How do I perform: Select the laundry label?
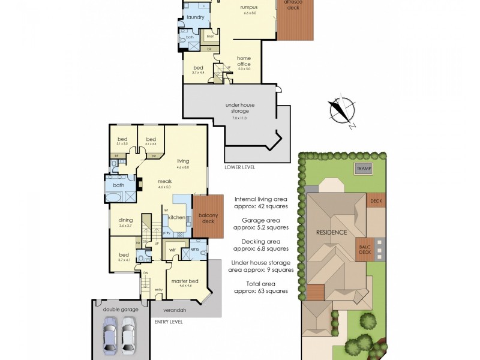[x=196, y=17]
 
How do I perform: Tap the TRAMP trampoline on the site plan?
[x=363, y=169]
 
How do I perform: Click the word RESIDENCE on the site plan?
[x=331, y=232]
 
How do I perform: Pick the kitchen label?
[x=176, y=217]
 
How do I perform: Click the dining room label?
[x=125, y=221]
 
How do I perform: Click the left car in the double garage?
[x=110, y=337]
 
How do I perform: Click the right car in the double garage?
[x=128, y=337]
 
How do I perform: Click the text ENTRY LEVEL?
[x=167, y=322]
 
